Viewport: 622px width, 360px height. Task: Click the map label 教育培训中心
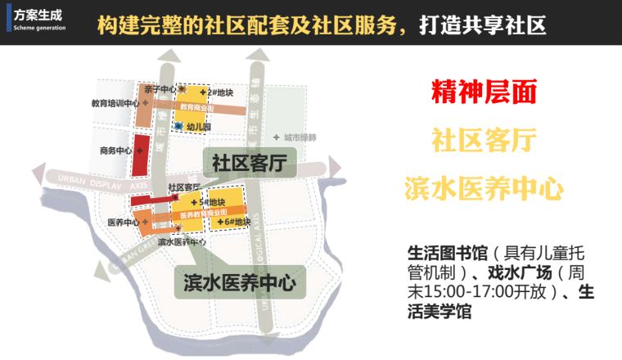click(115, 104)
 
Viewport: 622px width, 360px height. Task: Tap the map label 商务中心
click(115, 151)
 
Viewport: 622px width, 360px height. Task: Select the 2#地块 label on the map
click(220, 92)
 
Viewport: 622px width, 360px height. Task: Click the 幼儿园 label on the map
click(198, 127)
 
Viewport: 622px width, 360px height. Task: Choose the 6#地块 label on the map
click(237, 222)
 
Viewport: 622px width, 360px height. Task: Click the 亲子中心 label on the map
click(157, 89)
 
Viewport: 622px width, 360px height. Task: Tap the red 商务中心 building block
click(142, 156)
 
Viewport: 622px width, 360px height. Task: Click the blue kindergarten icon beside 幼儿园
click(178, 127)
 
